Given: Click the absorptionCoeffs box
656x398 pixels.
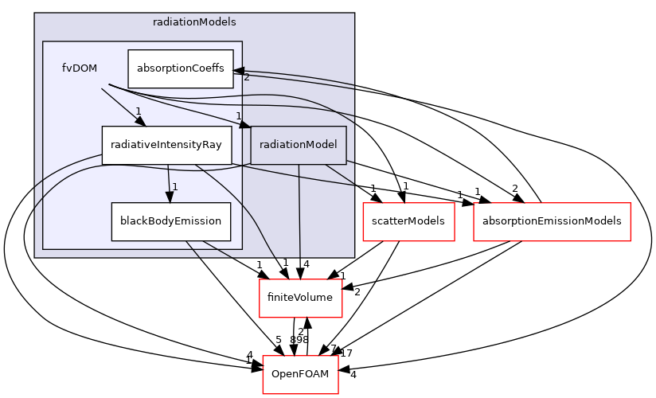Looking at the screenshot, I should (181, 68).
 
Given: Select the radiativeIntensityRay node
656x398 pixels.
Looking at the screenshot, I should (166, 145).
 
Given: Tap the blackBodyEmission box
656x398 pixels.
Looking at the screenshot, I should (170, 221).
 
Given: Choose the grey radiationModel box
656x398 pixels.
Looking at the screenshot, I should (299, 145).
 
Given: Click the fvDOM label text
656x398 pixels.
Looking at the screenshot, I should (80, 68).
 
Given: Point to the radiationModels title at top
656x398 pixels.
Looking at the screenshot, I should (194, 22).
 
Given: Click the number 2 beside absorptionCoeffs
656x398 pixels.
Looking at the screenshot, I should (247, 77).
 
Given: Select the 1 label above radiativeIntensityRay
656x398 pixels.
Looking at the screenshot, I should (138, 111).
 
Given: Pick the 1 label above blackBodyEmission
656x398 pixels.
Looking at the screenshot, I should (174, 187).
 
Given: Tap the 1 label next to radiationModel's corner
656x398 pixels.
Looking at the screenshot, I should (238, 116).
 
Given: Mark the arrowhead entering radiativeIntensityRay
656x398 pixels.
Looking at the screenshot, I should (139, 121).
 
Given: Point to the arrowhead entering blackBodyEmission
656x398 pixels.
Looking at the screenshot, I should (169, 197).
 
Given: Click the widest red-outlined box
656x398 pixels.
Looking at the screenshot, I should (552, 221).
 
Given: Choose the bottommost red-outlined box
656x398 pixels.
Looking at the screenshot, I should (300, 374).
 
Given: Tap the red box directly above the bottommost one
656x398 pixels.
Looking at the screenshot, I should (301, 298).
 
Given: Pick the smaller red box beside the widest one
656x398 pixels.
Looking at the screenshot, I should (408, 221).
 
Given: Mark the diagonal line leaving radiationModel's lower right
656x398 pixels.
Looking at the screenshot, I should (339, 175).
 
